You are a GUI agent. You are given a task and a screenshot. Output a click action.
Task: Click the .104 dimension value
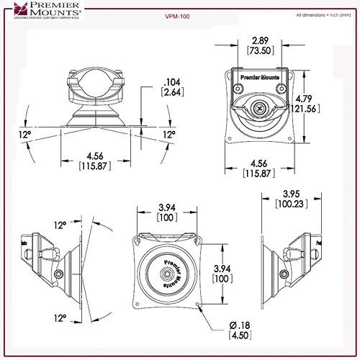[x=171, y=80]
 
